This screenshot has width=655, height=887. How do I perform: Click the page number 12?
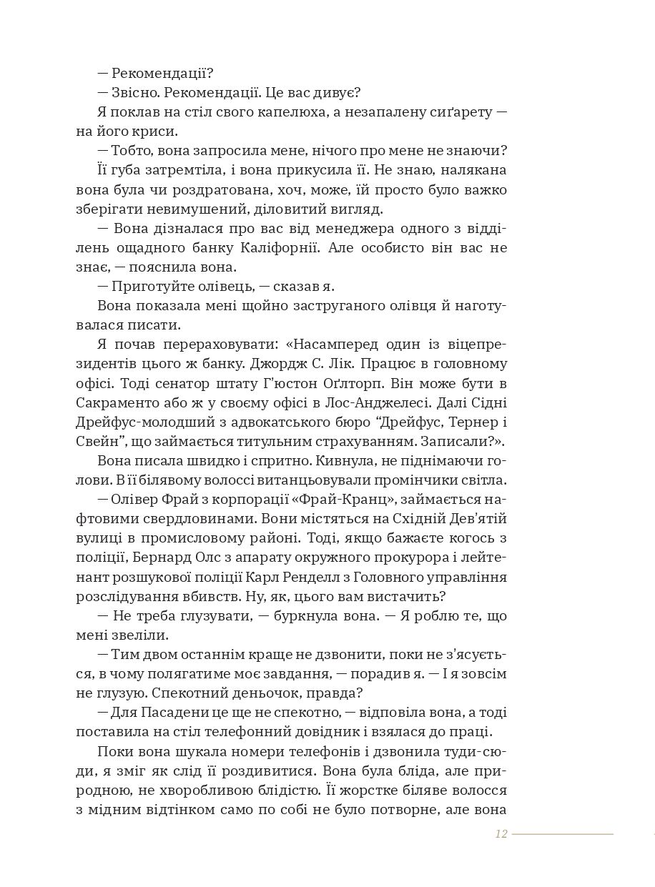(501, 834)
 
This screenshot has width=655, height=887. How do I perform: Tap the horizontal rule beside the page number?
(562, 834)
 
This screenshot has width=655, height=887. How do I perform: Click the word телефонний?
(248, 731)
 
